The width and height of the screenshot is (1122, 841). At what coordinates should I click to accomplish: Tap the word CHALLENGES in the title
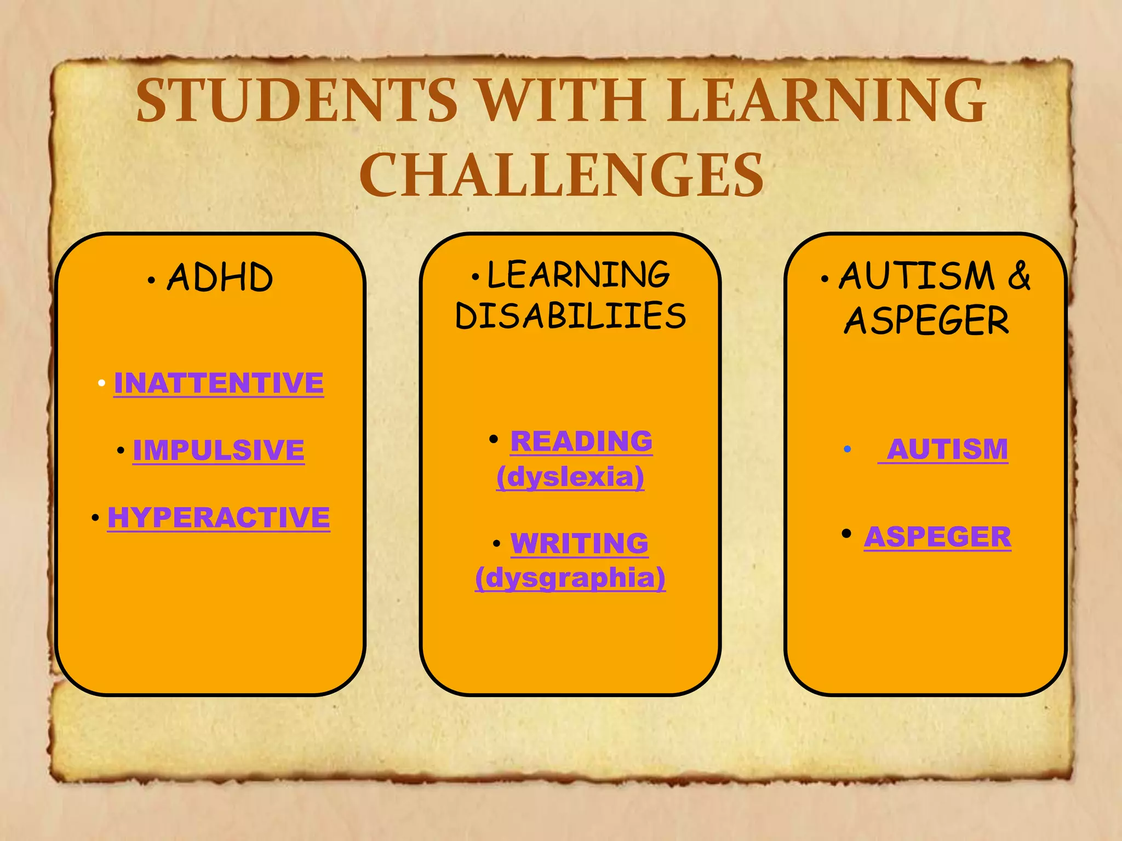pos(562,175)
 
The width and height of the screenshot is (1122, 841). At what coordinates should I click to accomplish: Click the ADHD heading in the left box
pos(220,277)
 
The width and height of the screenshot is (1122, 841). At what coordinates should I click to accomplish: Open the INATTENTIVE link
pos(219,382)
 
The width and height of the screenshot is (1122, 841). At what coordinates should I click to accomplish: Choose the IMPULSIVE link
pos(219,450)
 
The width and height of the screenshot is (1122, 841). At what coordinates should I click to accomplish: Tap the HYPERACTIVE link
pos(219,517)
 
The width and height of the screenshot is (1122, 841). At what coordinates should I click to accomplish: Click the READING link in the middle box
pos(581,441)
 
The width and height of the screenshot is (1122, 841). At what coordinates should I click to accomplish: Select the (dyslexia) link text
pos(570,476)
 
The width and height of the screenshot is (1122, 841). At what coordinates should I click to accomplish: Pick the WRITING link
pos(580,543)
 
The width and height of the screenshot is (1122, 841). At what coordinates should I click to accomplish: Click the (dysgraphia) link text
pos(570,578)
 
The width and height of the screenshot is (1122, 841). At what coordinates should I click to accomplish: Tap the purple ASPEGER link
pos(937,537)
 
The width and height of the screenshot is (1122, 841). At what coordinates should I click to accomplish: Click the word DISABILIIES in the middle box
pos(570,316)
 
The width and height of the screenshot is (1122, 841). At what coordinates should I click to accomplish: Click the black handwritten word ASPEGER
pos(926,320)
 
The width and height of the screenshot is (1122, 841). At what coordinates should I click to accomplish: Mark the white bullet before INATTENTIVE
pos(101,383)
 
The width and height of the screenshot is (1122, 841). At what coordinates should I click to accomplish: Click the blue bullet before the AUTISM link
pos(847,450)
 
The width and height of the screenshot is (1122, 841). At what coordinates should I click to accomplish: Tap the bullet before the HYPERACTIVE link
pos(95,518)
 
